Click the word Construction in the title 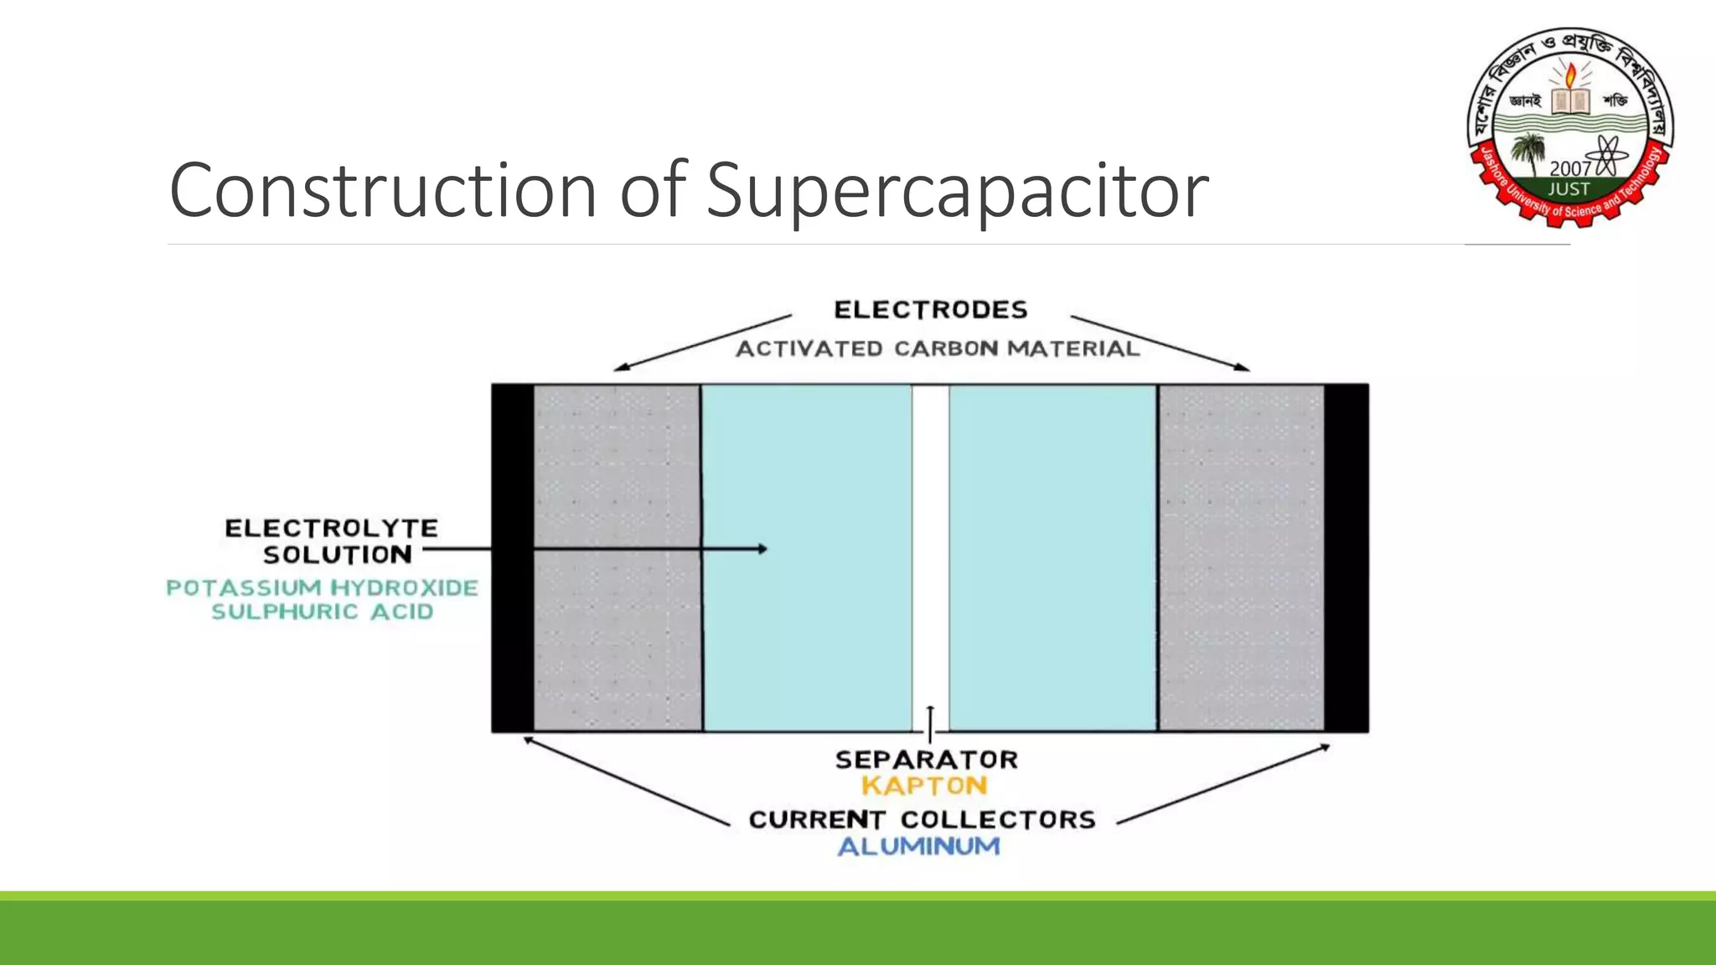coord(385,191)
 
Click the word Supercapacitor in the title coord(957,191)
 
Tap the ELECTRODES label coord(930,310)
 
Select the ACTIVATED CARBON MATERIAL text coord(938,348)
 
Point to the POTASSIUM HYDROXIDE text coord(323,588)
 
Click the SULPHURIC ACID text coord(323,612)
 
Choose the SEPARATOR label coord(927,760)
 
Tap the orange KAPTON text coord(925,786)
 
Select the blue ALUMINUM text coord(919,846)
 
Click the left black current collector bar coord(512,558)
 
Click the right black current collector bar coord(1346,558)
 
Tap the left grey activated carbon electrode coord(618,469)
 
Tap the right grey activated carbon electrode coord(1241,558)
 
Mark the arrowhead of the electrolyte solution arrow coord(762,549)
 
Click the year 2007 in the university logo coord(1569,168)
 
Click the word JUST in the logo coord(1569,189)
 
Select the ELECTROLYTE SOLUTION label coord(332,541)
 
